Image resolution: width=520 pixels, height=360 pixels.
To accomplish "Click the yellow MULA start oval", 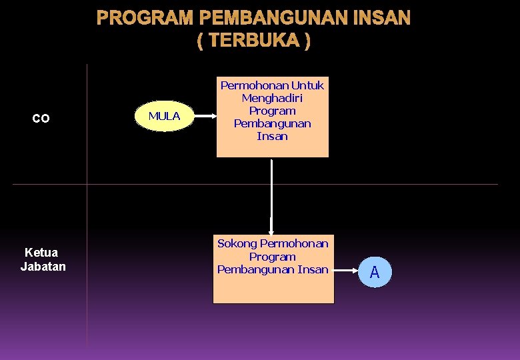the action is [164, 117].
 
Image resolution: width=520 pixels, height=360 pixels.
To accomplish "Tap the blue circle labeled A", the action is [375, 273].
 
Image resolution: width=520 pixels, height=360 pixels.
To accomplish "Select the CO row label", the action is [41, 119].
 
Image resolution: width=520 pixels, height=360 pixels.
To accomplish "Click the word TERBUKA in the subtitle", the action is [253, 41].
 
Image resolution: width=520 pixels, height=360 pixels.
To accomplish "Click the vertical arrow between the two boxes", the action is [271, 197].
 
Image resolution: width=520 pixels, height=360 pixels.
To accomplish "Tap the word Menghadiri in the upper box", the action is [272, 98].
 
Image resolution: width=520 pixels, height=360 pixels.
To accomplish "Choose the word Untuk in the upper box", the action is [307, 85].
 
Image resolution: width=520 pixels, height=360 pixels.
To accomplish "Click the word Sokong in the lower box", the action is [237, 244].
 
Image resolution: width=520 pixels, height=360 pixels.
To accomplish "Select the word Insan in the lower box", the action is [313, 269].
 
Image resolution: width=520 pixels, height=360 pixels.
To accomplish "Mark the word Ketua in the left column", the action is [41, 253].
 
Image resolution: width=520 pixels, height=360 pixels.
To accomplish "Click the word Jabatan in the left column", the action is [43, 267].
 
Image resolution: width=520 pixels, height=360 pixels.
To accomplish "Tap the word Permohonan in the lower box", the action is [294, 244].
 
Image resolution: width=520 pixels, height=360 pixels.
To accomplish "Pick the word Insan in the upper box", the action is [272, 136].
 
